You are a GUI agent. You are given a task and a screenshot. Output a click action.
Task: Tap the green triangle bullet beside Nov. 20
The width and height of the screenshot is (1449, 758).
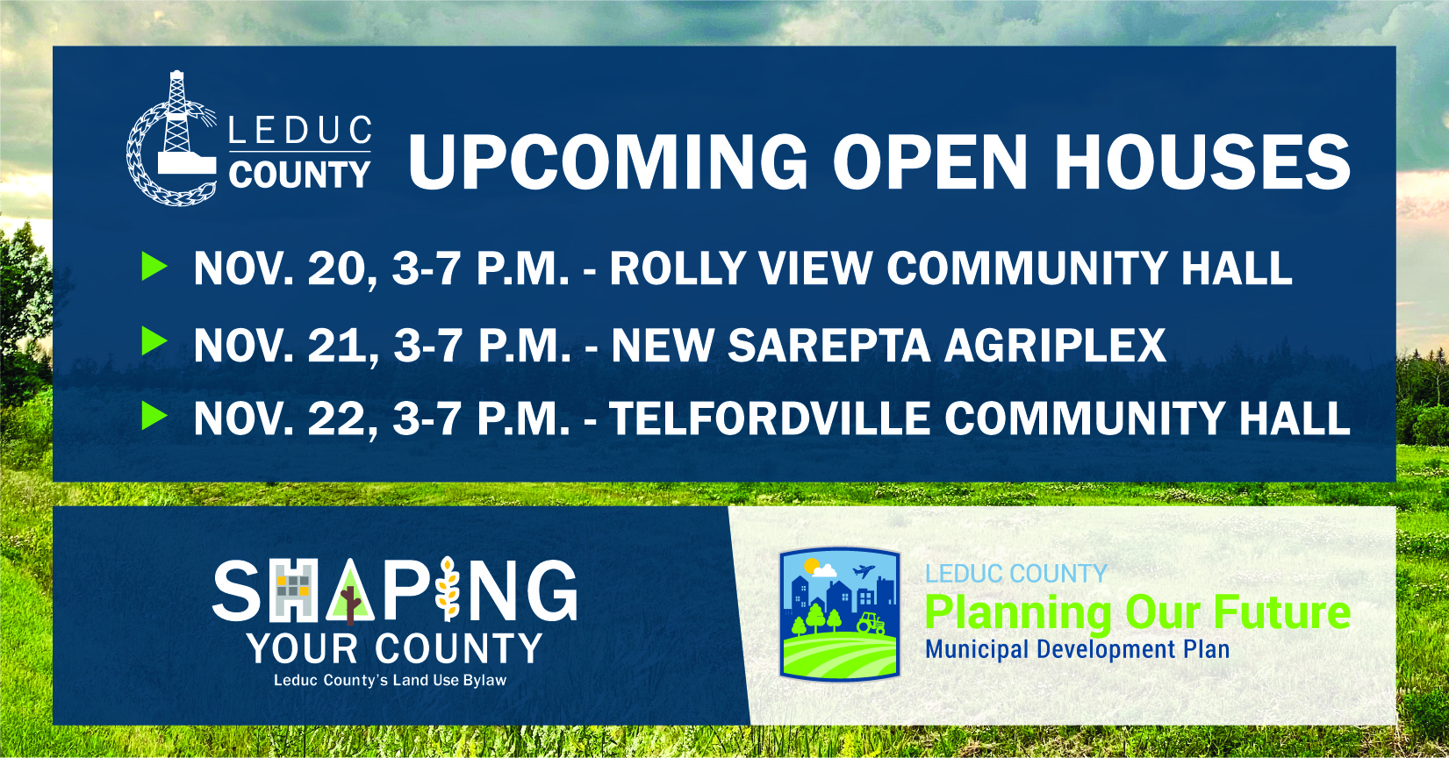(x=154, y=267)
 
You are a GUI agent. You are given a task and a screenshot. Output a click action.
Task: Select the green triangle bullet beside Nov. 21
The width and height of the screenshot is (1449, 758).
(x=154, y=341)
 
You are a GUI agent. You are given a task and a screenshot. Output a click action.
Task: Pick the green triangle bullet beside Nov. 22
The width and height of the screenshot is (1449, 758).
(x=154, y=415)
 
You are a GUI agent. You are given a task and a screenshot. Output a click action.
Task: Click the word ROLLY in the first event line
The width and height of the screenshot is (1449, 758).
(x=678, y=268)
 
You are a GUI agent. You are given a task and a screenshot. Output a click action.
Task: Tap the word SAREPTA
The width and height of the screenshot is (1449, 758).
(x=829, y=345)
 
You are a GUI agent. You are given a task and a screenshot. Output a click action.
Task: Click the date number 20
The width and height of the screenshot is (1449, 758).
(x=336, y=268)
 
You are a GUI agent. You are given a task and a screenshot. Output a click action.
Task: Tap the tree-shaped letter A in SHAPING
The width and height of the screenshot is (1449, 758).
(x=350, y=591)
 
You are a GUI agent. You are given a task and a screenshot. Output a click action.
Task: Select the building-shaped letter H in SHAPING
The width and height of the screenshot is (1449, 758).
(x=292, y=590)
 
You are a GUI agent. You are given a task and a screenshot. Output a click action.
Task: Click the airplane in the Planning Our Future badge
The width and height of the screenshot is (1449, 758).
(x=864, y=572)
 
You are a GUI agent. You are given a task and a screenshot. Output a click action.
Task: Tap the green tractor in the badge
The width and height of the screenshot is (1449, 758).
(x=871, y=622)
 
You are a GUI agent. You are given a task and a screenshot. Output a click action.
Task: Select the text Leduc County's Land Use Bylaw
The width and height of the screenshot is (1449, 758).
(x=390, y=681)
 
